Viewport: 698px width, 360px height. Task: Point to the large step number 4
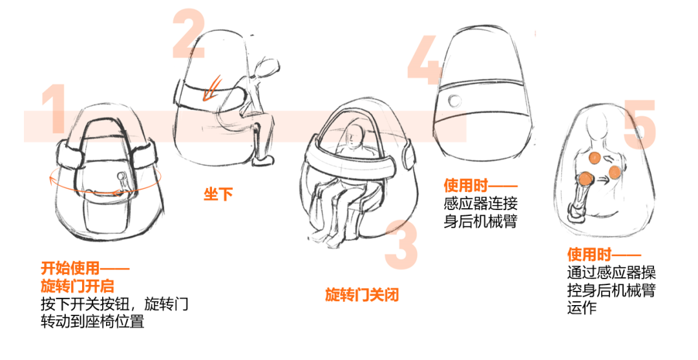(x=425, y=60)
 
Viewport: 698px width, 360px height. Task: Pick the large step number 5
(x=640, y=124)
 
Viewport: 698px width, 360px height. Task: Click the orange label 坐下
(x=218, y=194)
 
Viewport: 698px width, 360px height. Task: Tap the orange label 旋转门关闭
(x=362, y=295)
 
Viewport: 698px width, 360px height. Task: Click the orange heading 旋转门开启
(x=78, y=286)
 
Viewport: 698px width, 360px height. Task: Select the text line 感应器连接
(x=480, y=204)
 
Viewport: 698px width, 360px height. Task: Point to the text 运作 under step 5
(x=582, y=308)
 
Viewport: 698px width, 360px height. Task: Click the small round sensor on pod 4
(x=454, y=101)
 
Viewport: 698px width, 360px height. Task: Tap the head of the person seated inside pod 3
(x=354, y=135)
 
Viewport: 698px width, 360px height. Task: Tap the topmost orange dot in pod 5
(x=595, y=158)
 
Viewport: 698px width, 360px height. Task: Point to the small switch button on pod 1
(x=121, y=176)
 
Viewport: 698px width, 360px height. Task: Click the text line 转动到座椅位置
(x=92, y=321)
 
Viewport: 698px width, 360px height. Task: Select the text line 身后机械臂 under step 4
(x=480, y=221)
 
